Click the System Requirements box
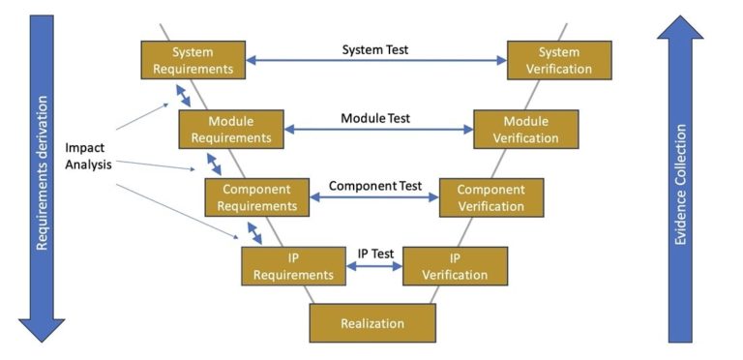[x=192, y=60]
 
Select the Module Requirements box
[x=230, y=129]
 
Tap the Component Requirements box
[x=256, y=196]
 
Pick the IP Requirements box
[x=292, y=265]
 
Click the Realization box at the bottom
[x=372, y=323]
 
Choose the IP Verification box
[x=454, y=265]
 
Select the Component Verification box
[x=490, y=196]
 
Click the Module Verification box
[x=525, y=129]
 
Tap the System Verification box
[x=559, y=60]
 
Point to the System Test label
[x=376, y=48]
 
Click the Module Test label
[x=375, y=118]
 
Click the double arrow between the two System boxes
[x=376, y=60]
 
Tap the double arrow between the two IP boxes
[x=374, y=268]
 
